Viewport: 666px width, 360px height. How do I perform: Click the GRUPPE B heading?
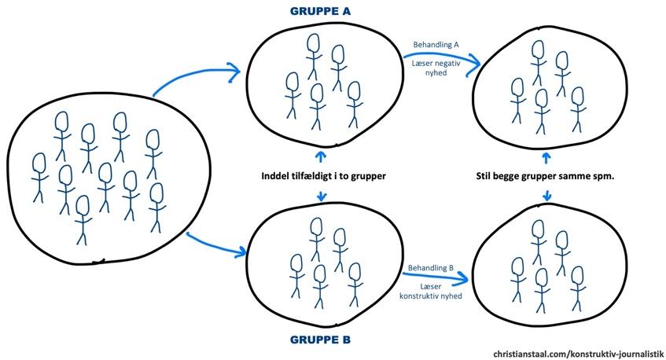coord(321,341)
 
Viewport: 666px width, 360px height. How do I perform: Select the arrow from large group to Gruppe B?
coord(212,245)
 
